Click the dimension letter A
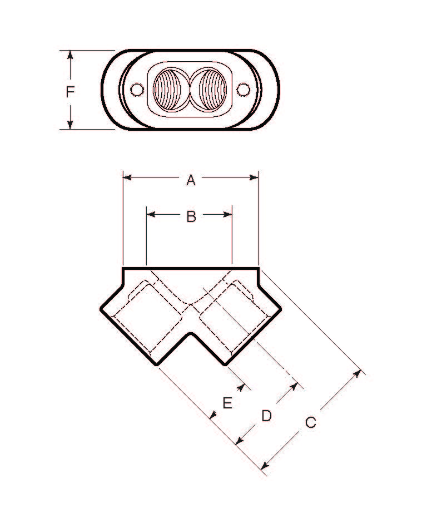pos(191,180)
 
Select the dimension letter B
pos(191,216)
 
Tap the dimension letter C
pos(310,423)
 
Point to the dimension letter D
pos(267,416)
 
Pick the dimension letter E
pos(227,403)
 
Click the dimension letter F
pos(70,92)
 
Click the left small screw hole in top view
pos(137,89)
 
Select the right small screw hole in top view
pos(243,89)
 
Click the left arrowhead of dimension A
pos(126,178)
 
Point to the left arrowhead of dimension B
pos(150,214)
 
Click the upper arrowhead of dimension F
pos(71,54)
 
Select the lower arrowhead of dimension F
pos(71,125)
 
